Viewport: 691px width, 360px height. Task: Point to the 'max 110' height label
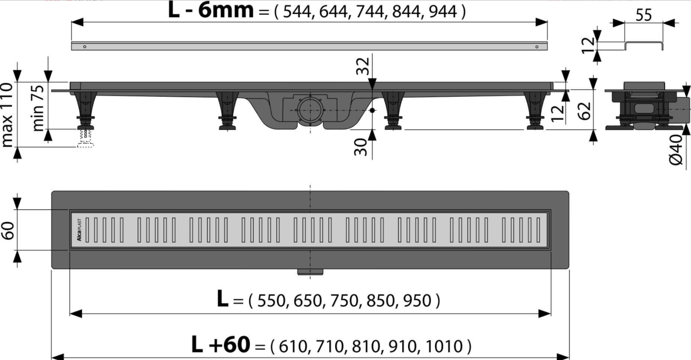[x=8, y=115]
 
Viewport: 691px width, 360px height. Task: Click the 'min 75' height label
[x=38, y=108]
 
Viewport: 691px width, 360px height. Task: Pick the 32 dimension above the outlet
[x=363, y=66]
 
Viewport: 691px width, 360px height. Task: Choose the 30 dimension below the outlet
[x=361, y=147]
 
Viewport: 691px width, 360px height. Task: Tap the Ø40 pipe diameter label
[x=675, y=150]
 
